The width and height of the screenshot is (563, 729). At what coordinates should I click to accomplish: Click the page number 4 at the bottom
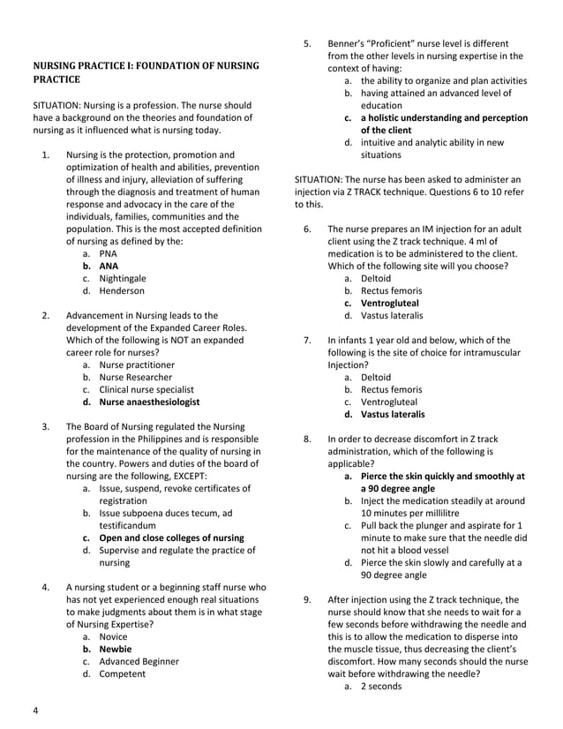coord(36,711)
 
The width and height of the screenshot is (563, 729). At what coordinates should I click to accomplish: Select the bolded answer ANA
coord(108,265)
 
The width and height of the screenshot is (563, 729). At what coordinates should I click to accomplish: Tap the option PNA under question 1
coord(108,252)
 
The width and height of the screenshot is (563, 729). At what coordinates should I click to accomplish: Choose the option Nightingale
coord(123,277)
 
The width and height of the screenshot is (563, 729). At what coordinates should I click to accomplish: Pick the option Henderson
coord(122,290)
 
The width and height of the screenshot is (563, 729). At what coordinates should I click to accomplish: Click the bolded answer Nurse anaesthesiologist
coord(149,402)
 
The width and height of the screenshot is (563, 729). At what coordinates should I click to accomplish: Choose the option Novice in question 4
coord(113,635)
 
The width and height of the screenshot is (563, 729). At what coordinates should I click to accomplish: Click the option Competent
coord(122,673)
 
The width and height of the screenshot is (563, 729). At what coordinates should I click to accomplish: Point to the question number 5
coord(308,42)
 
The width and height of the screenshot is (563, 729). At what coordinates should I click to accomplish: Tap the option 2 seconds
coord(381,686)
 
